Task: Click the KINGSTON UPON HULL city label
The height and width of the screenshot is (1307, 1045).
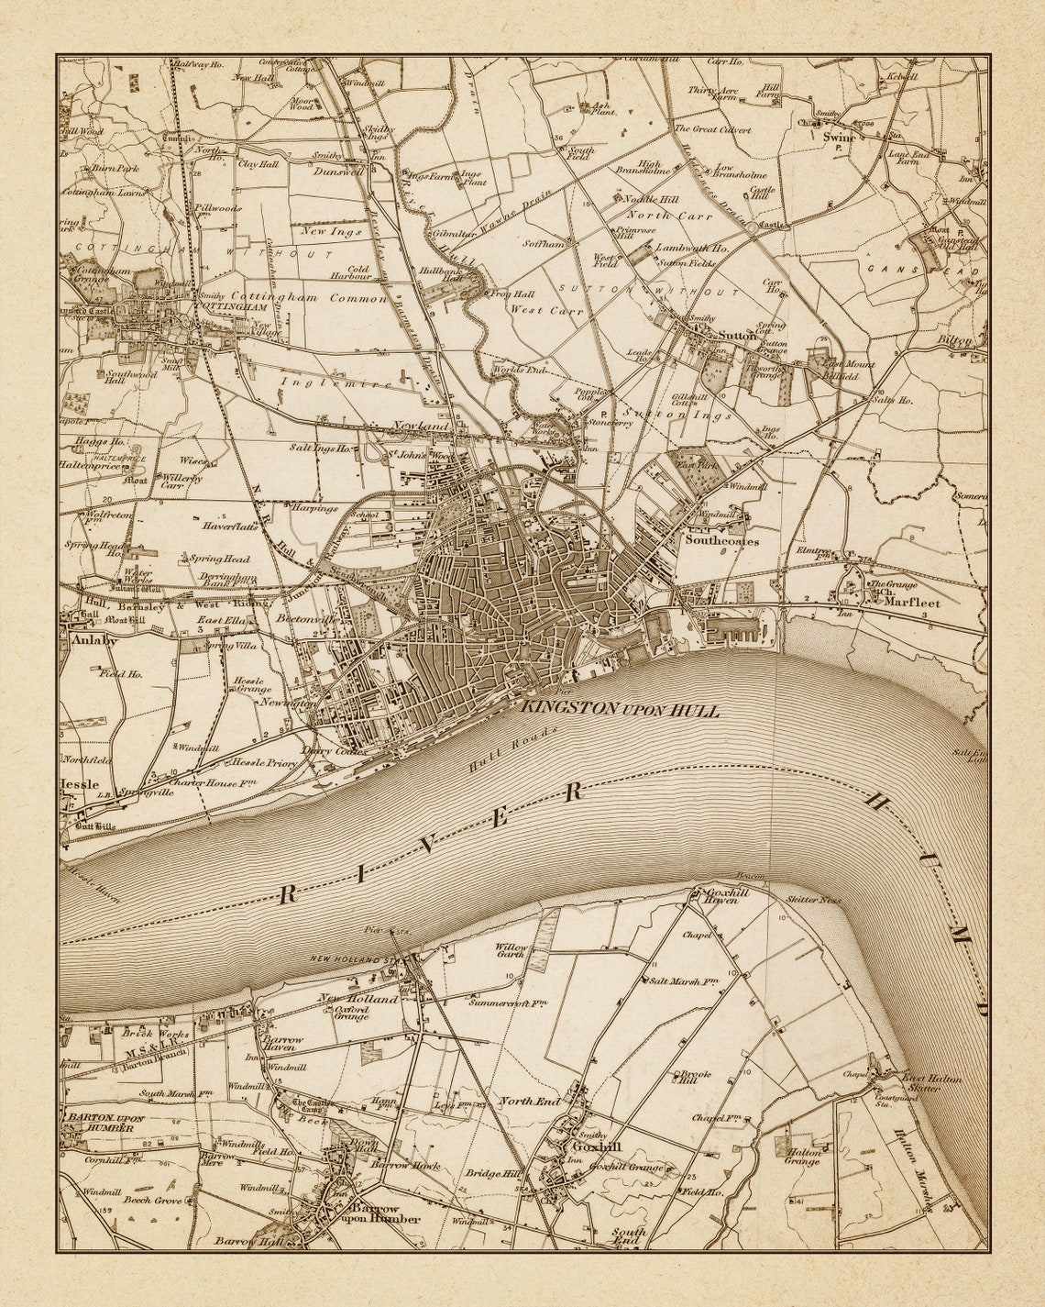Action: coord(621,710)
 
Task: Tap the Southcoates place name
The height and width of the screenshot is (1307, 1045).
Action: coord(721,540)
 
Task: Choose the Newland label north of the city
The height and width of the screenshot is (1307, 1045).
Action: coord(422,426)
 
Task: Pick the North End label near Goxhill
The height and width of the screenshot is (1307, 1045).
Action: coord(529,1100)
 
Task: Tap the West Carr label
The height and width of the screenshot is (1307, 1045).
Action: coord(541,310)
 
